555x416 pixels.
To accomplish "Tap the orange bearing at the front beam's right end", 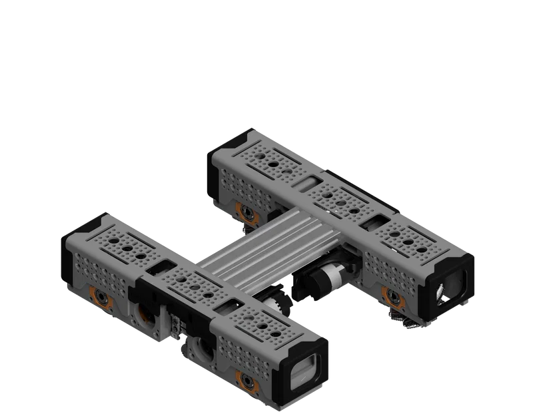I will coord(248,381).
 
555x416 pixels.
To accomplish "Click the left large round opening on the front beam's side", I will coord(143,312).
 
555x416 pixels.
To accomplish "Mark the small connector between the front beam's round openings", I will coord(175,325).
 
